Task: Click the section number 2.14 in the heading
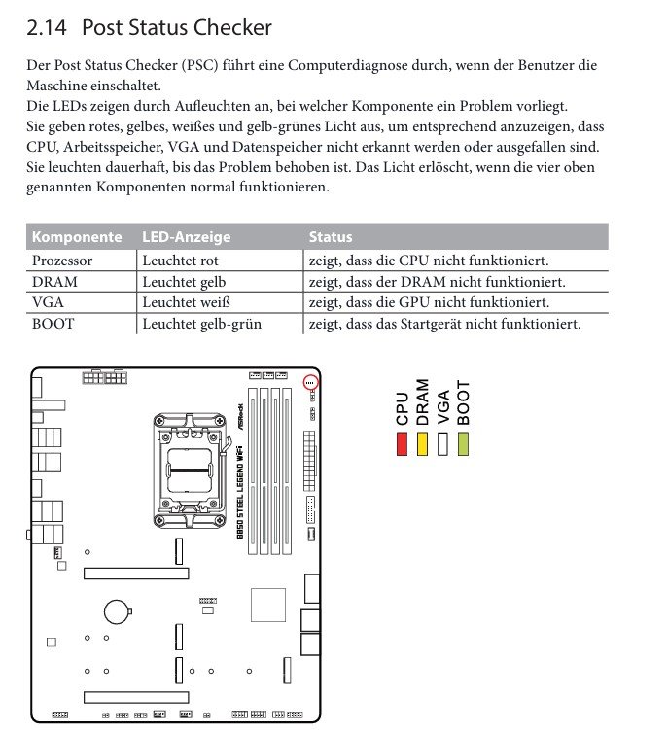click(x=48, y=27)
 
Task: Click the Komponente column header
click(x=77, y=237)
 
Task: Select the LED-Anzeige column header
click(x=186, y=237)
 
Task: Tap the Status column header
click(x=331, y=237)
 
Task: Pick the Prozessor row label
click(x=62, y=261)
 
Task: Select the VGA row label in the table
click(x=48, y=302)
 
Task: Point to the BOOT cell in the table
click(x=53, y=324)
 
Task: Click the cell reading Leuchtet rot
click(x=180, y=261)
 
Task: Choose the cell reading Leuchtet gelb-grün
click(x=201, y=324)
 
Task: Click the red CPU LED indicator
click(x=402, y=443)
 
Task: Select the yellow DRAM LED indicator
click(x=422, y=443)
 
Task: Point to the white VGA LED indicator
click(x=442, y=443)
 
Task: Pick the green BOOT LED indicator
click(x=463, y=443)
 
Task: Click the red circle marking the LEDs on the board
click(x=310, y=383)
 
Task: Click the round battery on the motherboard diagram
click(x=119, y=610)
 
